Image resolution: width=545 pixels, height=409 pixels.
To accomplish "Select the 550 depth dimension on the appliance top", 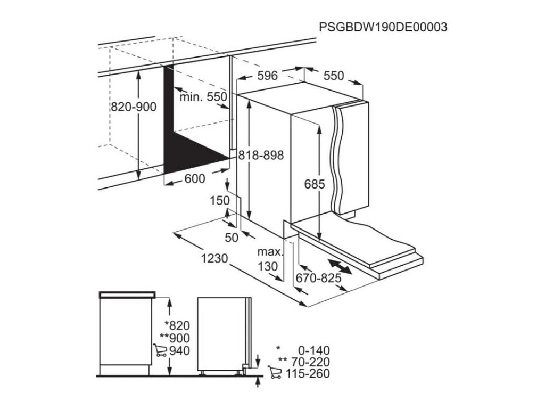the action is point(334,76).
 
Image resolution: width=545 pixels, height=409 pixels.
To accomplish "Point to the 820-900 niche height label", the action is point(133,107).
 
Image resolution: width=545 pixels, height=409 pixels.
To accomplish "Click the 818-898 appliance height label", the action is point(260,155).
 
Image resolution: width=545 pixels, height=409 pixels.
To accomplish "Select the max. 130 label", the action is point(269,259).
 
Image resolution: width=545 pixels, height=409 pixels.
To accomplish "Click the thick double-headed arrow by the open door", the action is point(340,267).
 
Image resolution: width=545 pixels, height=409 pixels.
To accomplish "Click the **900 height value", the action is point(175,338).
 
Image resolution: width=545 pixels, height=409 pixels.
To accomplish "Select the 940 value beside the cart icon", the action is point(179,350).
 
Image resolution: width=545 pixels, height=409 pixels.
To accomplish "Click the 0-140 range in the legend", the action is point(314,350).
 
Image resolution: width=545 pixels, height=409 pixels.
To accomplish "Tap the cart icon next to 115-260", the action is point(275,373).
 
